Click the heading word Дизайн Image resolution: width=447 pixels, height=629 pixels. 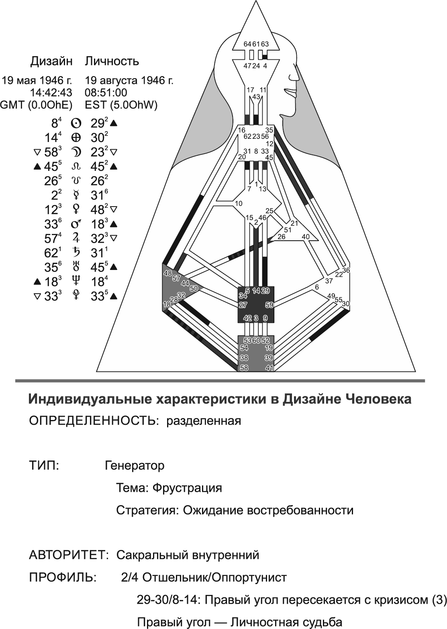pos(51,61)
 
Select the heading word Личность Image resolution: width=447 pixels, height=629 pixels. pos(112,61)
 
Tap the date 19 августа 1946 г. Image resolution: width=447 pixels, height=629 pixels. pos(129,81)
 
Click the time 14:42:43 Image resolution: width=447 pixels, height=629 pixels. pos(51,93)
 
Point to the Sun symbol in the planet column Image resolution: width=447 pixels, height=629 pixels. pos(76,123)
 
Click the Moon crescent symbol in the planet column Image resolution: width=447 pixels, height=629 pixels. pos(76,152)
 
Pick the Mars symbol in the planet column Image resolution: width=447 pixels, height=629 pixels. pos(76,224)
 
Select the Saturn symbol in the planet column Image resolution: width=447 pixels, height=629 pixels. pos(76,253)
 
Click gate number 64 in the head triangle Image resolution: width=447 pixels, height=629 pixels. pos(247,44)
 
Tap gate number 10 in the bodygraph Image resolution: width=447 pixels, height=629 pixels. pos(239,204)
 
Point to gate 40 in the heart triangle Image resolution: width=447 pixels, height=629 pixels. pos(306,237)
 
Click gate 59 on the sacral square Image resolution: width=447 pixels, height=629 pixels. pos(269,305)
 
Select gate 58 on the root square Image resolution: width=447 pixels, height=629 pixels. pos(244,368)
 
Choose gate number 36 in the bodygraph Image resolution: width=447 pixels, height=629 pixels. pos(346,270)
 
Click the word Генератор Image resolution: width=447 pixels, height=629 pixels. pos(135,465)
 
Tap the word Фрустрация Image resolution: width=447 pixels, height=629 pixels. pos(187,488)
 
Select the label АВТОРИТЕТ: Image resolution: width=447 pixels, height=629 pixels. pos(69,555)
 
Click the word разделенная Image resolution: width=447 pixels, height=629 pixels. pos(204,421)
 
